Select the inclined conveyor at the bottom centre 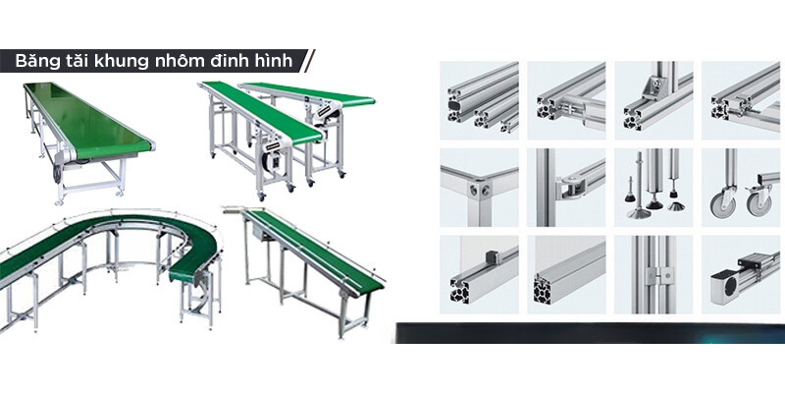[x=305, y=260]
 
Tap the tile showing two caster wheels [x=741, y=188]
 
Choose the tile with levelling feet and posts [x=654, y=188]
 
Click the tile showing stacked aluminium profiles [x=479, y=100]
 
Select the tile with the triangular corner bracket [x=654, y=100]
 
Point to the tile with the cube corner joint [x=479, y=188]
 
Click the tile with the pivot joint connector [x=566, y=188]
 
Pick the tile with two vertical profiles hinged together [x=654, y=275]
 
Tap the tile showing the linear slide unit [x=741, y=275]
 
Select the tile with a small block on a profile [x=479, y=275]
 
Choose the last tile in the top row [x=741, y=100]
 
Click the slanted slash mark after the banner [x=309, y=61]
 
